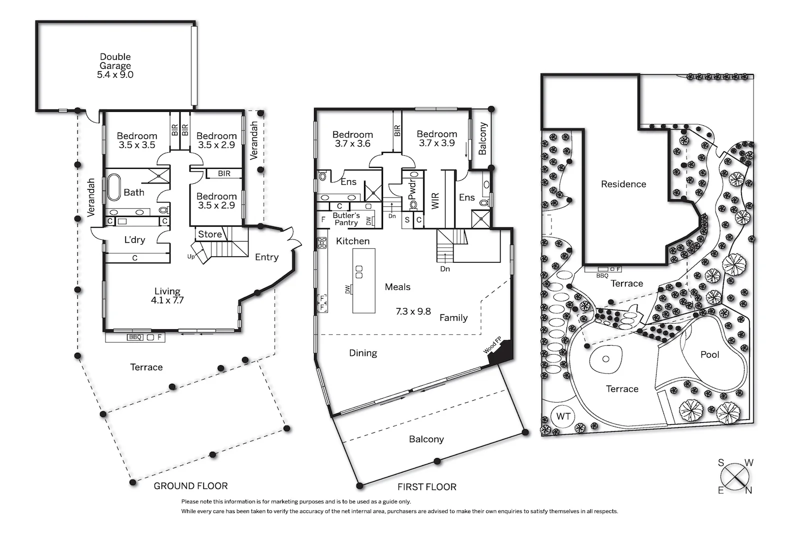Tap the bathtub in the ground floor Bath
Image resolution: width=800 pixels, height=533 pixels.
tap(114, 187)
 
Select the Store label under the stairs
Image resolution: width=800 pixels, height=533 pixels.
tap(209, 234)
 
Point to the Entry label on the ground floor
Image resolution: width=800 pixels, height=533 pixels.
tap(266, 257)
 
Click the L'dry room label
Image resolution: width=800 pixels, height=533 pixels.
tap(134, 240)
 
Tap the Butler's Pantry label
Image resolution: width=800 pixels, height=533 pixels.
tap(346, 219)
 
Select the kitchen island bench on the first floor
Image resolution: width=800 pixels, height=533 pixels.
tap(363, 281)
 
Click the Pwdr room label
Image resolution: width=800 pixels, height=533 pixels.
tap(412, 190)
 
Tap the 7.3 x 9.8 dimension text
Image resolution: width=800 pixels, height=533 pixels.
tap(413, 312)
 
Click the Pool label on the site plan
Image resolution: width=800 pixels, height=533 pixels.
tap(709, 355)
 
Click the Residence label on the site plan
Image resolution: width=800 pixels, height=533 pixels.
tap(623, 184)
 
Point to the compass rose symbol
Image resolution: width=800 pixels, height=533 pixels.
tap(735, 477)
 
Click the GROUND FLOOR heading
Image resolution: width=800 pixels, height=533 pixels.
tap(190, 486)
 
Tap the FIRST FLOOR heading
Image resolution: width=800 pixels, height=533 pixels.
tap(426, 487)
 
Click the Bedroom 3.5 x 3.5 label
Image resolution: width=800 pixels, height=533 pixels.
tap(136, 140)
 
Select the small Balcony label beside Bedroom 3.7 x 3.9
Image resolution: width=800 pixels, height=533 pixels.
tap(482, 139)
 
